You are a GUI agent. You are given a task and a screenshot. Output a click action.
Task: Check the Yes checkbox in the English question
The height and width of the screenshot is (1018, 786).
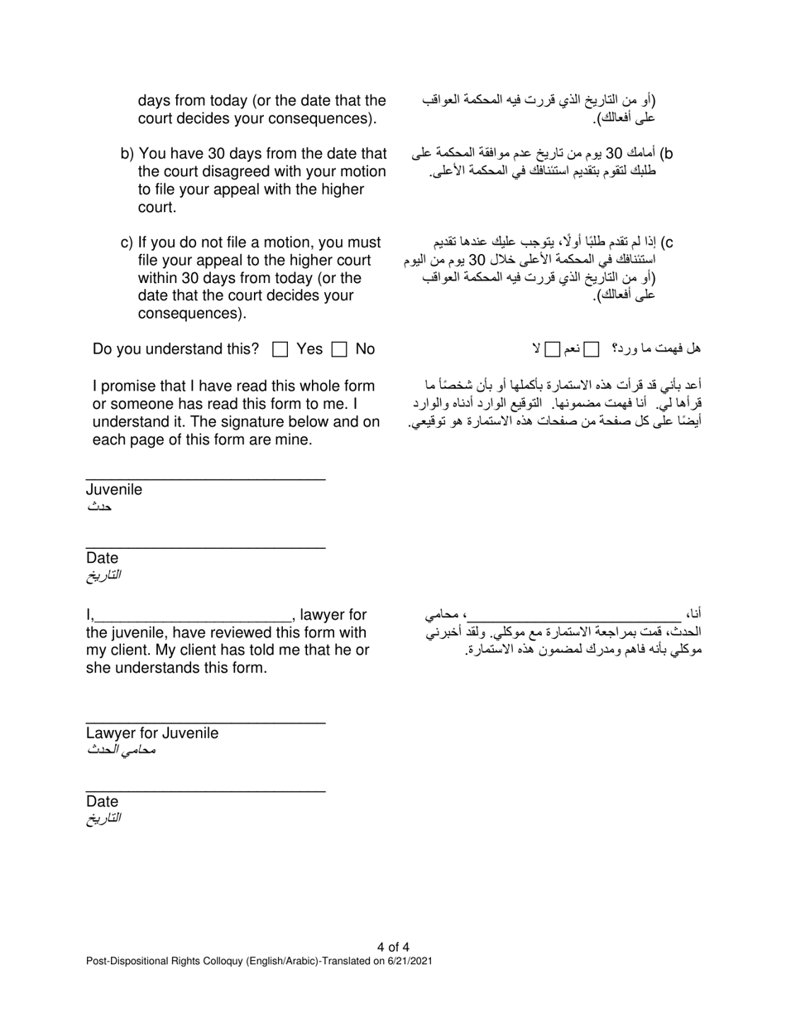[280, 350]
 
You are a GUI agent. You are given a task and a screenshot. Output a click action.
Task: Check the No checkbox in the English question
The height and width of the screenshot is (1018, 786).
[338, 350]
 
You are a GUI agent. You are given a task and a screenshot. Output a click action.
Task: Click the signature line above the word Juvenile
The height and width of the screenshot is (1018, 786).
[205, 478]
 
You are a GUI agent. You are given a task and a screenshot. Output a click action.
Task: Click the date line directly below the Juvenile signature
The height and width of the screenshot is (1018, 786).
[205, 547]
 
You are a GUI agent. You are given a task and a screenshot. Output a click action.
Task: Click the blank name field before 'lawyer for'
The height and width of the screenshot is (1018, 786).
[193, 617]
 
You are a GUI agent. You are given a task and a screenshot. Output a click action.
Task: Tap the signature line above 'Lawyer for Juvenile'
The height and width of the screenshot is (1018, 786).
[205, 723]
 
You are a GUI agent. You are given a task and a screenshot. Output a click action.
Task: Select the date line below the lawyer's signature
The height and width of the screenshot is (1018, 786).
[205, 791]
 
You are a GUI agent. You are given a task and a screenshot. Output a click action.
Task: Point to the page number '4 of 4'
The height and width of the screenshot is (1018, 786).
[393, 948]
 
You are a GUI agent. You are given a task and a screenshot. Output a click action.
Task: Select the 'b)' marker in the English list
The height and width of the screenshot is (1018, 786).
[127, 154]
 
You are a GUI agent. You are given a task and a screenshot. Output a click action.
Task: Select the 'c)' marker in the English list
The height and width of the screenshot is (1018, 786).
[127, 242]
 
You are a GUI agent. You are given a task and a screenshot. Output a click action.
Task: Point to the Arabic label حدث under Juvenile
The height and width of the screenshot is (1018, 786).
[100, 506]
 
